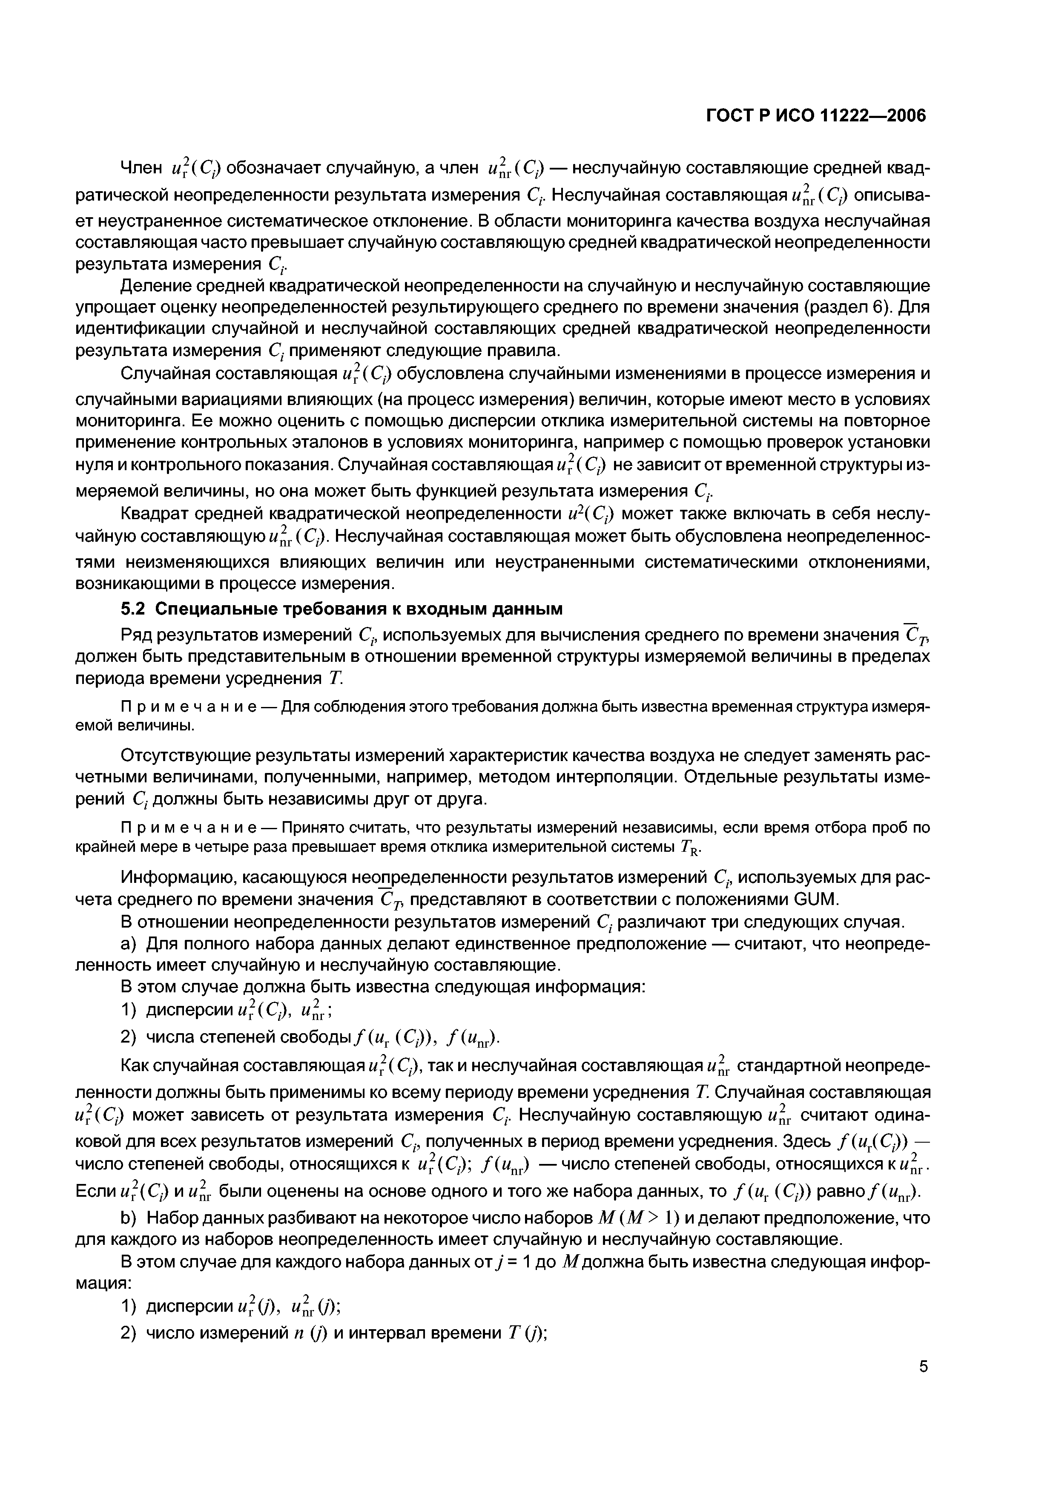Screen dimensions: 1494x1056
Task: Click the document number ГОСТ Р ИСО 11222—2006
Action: click(816, 116)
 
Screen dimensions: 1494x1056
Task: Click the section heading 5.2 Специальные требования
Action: click(341, 609)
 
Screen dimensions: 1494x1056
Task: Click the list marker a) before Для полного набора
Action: click(129, 943)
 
